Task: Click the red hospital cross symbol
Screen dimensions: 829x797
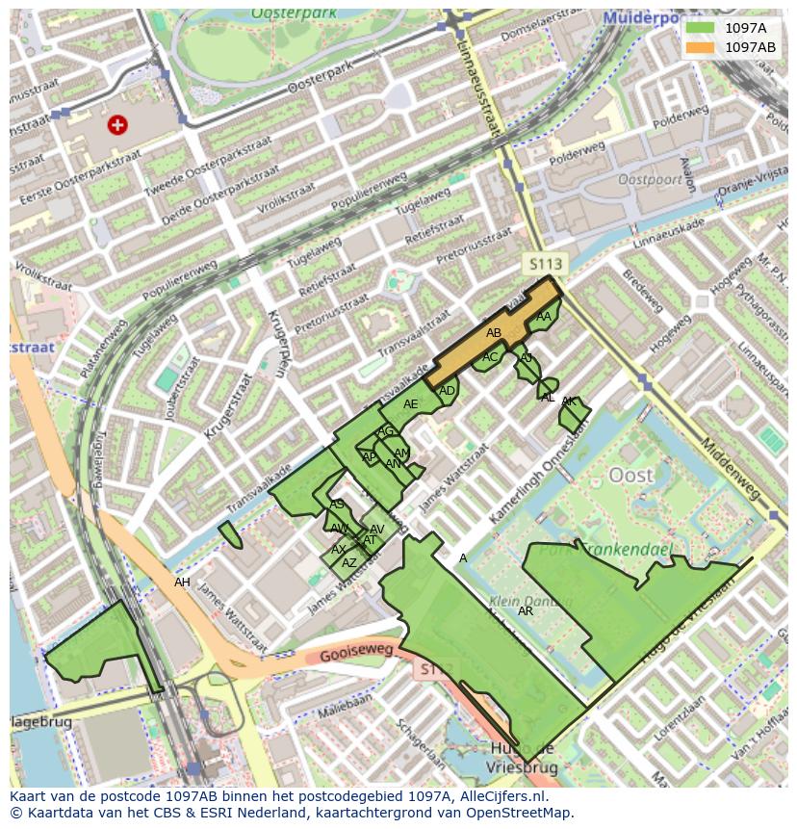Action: [117, 124]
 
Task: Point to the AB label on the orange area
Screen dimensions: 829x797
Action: [494, 333]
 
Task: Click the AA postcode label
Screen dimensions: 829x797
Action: [544, 317]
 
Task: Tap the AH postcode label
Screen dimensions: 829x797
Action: [182, 583]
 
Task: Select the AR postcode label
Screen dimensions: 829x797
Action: [526, 611]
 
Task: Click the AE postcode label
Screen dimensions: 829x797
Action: [411, 404]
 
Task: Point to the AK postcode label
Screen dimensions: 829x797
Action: [569, 402]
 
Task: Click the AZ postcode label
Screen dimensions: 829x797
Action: [349, 563]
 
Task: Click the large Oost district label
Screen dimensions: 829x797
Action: [631, 475]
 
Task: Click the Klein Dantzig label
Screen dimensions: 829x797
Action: [518, 600]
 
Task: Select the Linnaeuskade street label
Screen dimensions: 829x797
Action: [669, 241]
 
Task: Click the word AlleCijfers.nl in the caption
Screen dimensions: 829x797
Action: [501, 796]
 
